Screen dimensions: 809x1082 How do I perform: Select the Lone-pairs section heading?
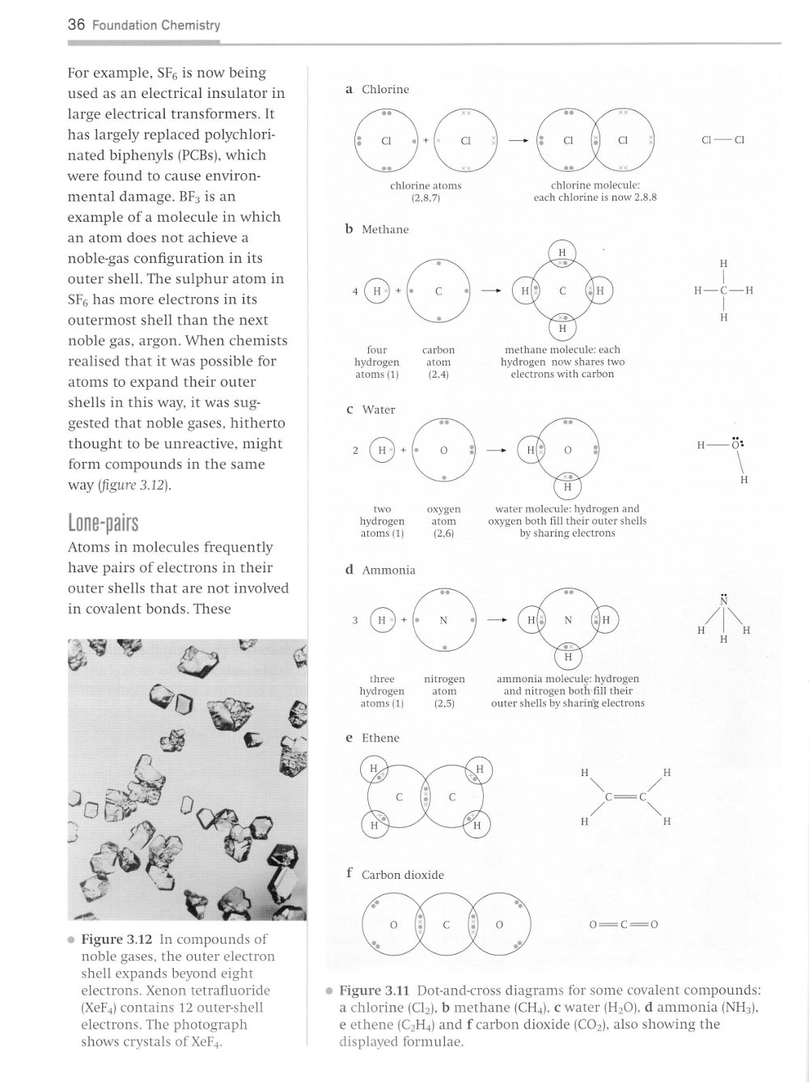click(103, 523)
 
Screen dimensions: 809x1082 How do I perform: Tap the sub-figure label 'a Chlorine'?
click(378, 89)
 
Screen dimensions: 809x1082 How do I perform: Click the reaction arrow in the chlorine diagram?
click(519, 141)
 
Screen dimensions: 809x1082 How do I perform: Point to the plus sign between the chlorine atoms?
click(426, 140)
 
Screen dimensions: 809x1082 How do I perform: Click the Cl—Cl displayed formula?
click(722, 140)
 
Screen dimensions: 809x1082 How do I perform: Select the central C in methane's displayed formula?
click(723, 291)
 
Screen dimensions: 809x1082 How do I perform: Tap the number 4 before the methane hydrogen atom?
click(354, 291)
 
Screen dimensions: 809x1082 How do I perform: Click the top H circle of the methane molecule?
click(562, 253)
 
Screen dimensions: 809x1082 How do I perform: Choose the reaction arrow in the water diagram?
click(496, 450)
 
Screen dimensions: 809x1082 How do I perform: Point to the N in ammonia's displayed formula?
click(724, 601)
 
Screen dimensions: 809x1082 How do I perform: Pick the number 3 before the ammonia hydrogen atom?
click(354, 620)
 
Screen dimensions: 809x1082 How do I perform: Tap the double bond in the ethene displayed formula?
click(625, 796)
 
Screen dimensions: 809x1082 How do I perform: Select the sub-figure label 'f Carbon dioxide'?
click(395, 875)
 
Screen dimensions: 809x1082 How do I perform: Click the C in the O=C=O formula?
click(623, 924)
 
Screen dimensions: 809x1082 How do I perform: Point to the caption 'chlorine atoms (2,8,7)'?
click(426, 191)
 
